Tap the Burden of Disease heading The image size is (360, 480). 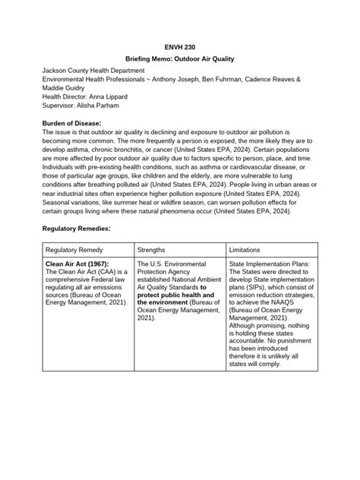click(x=70, y=123)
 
